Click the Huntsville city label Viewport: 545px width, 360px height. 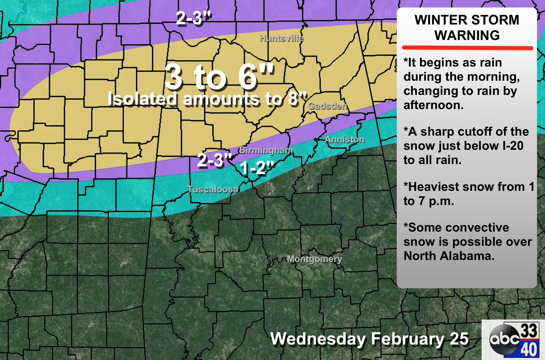point(282,38)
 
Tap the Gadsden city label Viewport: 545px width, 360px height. point(327,106)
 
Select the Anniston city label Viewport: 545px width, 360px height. point(344,140)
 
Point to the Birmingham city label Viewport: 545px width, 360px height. point(266,150)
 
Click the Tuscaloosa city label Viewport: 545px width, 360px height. point(213,189)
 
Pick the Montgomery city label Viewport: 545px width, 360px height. point(315,259)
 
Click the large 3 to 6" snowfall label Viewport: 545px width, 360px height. point(219,77)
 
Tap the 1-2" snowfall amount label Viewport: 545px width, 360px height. point(257,168)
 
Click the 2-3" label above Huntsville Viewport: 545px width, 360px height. point(193,18)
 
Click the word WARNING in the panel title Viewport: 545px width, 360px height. point(467,35)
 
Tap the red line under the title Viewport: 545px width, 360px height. point(467,48)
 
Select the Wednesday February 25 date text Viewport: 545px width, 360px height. point(369,339)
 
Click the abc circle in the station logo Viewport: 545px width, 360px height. point(504,339)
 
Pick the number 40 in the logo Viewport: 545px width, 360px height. point(529,349)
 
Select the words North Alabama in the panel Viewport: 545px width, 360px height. point(449,256)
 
